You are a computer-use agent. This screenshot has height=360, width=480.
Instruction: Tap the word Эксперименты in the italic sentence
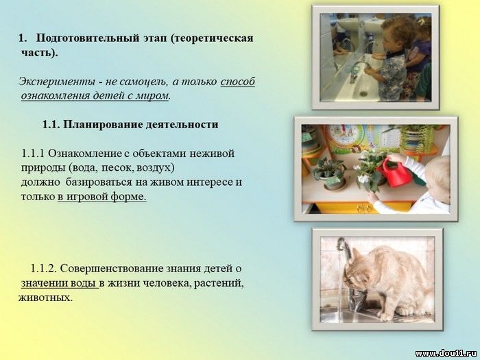[56, 82]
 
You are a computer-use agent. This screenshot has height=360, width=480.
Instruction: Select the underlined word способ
[237, 82]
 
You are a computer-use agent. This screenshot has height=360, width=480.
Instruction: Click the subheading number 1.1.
[51, 125]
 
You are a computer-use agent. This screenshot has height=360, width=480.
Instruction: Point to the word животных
[46, 297]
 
